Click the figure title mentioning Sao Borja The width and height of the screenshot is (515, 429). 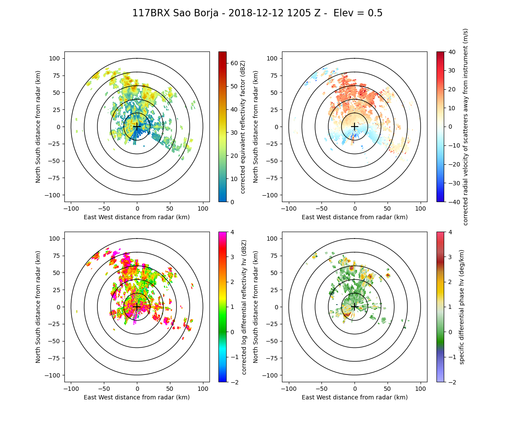257,13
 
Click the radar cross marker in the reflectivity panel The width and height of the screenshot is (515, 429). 137,127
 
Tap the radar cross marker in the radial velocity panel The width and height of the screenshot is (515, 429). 354,127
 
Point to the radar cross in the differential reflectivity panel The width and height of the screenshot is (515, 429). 137,307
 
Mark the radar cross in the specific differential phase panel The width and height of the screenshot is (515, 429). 354,307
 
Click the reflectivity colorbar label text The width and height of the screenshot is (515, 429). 243,127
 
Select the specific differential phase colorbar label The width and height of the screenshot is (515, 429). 462,307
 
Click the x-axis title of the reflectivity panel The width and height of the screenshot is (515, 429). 137,217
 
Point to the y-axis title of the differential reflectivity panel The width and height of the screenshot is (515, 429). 38,307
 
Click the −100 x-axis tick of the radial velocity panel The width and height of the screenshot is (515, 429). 289,208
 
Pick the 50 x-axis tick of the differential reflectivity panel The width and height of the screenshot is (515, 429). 170,389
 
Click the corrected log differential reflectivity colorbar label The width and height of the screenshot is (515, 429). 244,307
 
